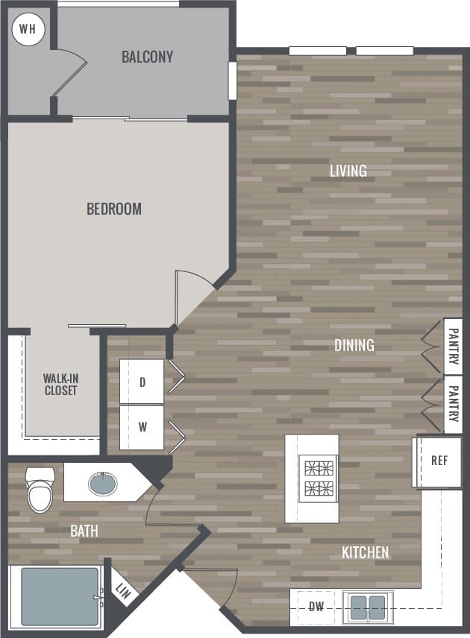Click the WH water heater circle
(x=28, y=30)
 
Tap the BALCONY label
(x=148, y=57)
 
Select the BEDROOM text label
(x=114, y=209)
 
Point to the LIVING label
(x=348, y=171)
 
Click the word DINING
(x=354, y=345)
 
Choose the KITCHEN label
(x=365, y=552)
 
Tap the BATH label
(x=84, y=531)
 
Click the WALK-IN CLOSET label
(x=60, y=384)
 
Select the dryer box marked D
(x=142, y=382)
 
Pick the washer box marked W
(x=142, y=428)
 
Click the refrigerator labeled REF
(x=439, y=461)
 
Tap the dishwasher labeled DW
(x=316, y=607)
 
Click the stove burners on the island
(x=319, y=479)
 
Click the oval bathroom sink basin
(x=102, y=483)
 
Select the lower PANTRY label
(x=453, y=405)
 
